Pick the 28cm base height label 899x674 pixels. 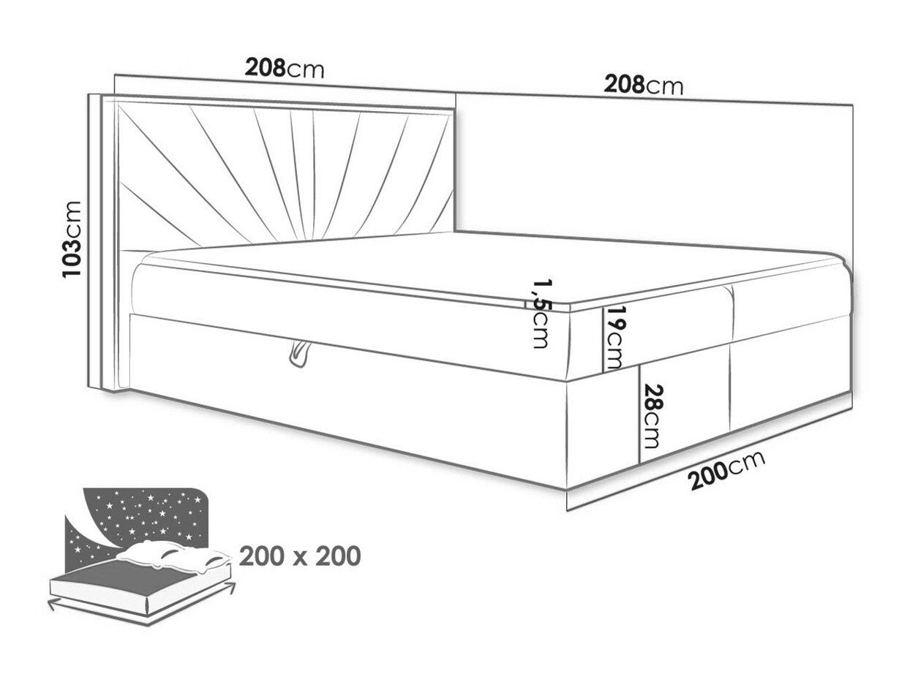coord(651,416)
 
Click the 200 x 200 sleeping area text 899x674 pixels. coord(300,556)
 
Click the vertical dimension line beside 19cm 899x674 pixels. coord(603,341)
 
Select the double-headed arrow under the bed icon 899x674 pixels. coord(141,614)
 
